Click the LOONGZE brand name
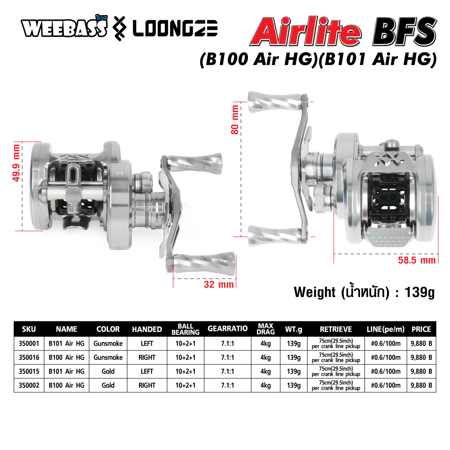[x=175, y=29]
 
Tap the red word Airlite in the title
[x=306, y=31]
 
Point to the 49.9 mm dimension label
[x=16, y=163]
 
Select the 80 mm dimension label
[x=235, y=120]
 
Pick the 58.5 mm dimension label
[x=417, y=260]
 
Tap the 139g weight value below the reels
[x=419, y=292]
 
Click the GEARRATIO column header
[x=228, y=328]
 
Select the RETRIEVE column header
[x=336, y=329]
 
